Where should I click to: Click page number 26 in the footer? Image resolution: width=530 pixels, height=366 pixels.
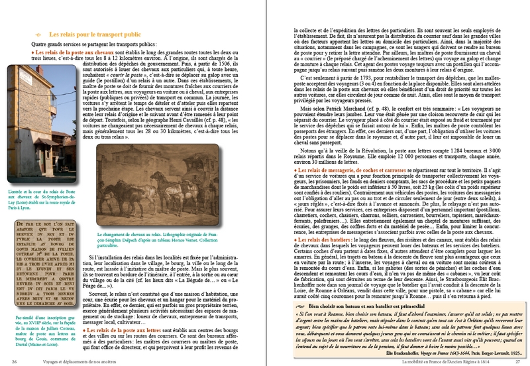[14, 361]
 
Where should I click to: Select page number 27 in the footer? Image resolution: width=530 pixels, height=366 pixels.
[517, 361]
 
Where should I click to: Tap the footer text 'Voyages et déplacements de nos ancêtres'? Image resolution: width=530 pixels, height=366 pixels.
[70, 361]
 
